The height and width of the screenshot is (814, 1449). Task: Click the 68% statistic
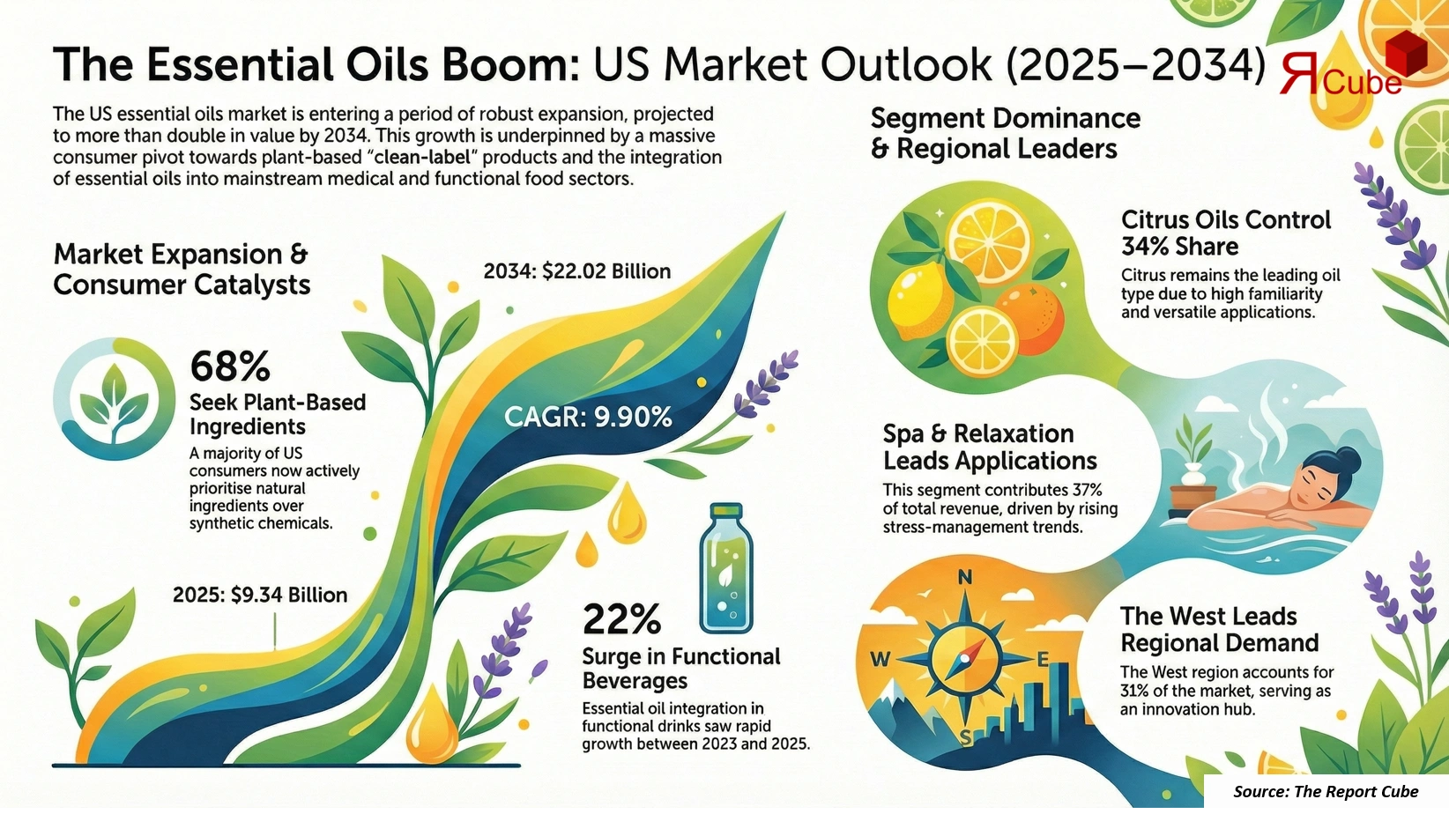230,366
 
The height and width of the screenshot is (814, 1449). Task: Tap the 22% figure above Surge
621,619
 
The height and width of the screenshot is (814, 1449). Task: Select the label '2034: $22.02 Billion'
577,271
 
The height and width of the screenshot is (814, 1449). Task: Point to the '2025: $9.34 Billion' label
260,596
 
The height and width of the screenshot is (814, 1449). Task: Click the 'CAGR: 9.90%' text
588,417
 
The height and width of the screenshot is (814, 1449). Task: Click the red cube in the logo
1406,55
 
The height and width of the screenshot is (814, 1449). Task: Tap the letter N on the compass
965,578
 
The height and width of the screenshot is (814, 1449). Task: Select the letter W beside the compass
881,659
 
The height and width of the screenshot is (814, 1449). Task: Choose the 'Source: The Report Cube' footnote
1326,791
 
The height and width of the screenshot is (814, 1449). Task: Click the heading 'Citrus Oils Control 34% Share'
1225,233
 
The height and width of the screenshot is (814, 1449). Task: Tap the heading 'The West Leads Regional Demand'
1220,629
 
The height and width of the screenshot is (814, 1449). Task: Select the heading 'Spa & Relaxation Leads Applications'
990,447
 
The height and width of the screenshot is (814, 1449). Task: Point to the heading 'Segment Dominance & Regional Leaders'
1005,133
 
